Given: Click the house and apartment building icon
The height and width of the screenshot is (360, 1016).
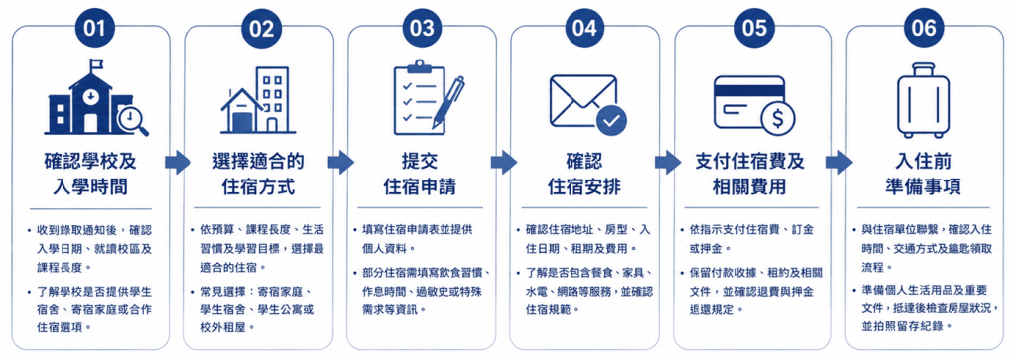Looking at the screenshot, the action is pos(259,100).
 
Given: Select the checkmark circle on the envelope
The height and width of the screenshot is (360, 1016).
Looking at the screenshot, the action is pos(612,119).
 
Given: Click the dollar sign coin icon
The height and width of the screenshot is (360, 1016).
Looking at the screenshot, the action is pos(777,119).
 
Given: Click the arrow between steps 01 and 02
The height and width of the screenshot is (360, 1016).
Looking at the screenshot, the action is pos(177,162).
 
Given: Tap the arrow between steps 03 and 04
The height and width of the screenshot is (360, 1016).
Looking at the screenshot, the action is pos(503,162).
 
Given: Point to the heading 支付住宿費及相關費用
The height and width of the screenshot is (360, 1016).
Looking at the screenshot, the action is pos(753,175).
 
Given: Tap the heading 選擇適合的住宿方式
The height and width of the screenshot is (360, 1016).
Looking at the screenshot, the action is pos(259,175).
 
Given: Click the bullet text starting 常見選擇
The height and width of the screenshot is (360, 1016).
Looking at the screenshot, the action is pos(253,309).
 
